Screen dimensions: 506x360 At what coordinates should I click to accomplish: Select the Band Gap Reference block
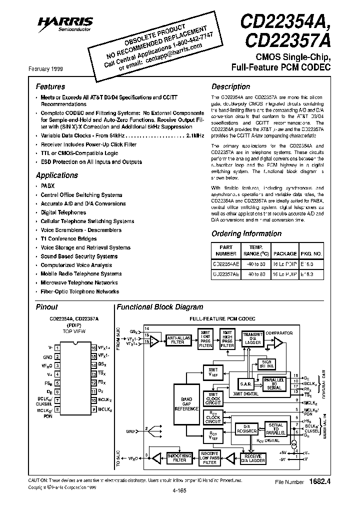[186, 404]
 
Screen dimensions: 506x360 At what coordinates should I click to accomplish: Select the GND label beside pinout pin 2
[47, 357]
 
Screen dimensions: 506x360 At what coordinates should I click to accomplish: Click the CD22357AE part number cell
[225, 274]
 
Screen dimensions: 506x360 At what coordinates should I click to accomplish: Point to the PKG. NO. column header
[311, 250]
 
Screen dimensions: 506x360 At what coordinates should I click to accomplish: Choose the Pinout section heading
[47, 307]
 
